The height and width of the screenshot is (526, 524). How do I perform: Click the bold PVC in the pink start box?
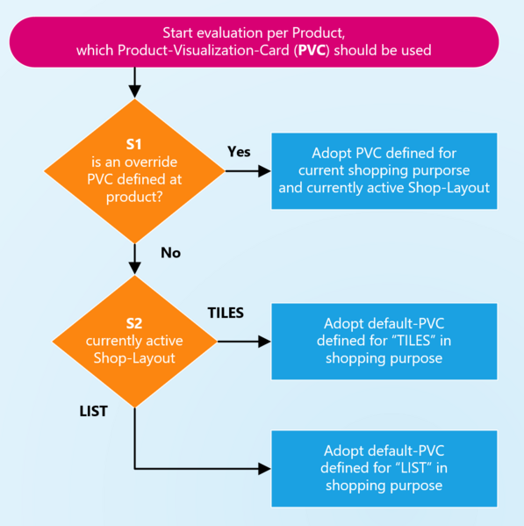(x=311, y=50)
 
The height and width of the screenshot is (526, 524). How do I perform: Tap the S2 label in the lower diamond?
(x=134, y=323)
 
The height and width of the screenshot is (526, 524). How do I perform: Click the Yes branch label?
(x=239, y=152)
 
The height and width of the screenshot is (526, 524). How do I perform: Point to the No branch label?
(x=170, y=252)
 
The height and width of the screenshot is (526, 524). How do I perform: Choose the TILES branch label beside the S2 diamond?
(x=226, y=312)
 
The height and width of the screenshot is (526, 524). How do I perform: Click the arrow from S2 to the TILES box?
(x=241, y=342)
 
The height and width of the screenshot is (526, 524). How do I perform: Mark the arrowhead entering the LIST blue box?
(x=264, y=469)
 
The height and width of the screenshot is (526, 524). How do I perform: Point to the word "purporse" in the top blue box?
(x=441, y=169)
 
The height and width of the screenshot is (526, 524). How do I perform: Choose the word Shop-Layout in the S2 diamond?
(x=134, y=357)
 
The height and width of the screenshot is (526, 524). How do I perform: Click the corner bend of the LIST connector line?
(x=134, y=469)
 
